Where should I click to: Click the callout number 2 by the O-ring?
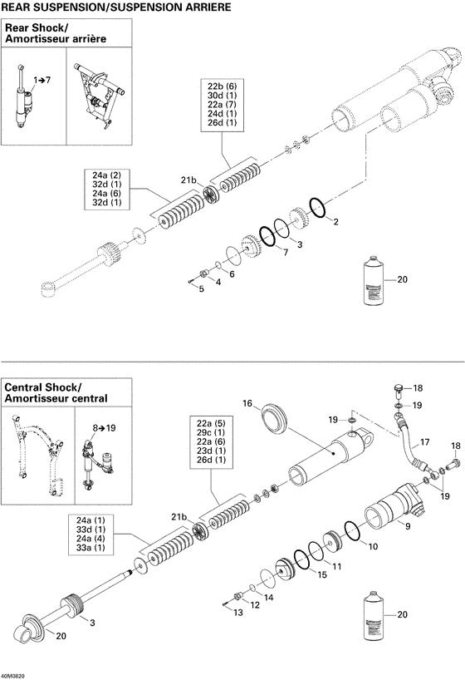coord(335,222)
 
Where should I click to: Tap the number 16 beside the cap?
coord(247,404)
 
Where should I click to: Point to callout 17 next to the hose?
coord(424,441)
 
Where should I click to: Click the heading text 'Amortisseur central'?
coord(56,399)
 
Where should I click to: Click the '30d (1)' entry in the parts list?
coord(222,96)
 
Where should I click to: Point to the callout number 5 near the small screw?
coord(200,289)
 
